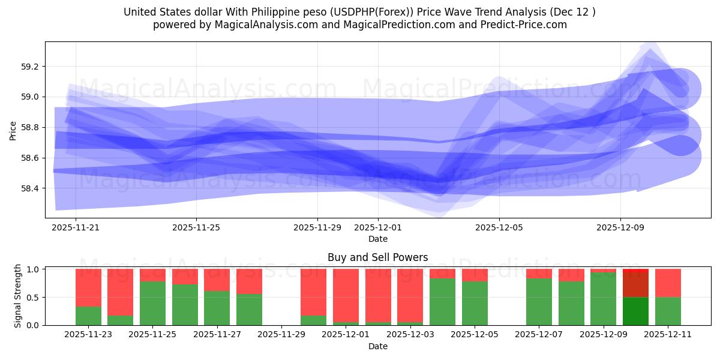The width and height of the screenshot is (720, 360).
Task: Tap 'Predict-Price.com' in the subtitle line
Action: (527, 25)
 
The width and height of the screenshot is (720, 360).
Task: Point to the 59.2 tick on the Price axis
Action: (29, 67)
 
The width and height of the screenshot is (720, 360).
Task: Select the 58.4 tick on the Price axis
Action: (29, 188)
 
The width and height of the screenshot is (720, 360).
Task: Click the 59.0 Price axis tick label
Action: (29, 97)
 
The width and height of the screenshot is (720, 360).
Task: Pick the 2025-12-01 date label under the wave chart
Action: (378, 228)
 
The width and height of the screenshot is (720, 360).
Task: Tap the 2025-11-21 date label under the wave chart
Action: (76, 228)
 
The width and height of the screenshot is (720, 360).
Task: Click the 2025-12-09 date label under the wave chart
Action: (620, 228)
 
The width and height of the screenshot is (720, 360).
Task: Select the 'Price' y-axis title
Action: (13, 130)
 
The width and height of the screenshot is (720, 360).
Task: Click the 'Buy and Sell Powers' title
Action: (378, 257)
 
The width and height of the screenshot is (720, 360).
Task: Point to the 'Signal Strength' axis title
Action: (18, 295)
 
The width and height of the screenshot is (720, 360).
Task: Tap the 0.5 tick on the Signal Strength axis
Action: (32, 298)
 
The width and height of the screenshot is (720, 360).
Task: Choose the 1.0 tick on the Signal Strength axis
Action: (32, 269)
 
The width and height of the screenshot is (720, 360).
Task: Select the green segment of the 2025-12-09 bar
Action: (603, 299)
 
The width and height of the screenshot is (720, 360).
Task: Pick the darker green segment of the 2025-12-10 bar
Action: (635, 311)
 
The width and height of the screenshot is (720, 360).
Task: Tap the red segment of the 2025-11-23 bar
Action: (88, 287)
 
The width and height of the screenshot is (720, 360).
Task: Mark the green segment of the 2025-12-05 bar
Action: (475, 303)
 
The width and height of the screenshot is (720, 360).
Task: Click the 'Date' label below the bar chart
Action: (378, 346)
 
